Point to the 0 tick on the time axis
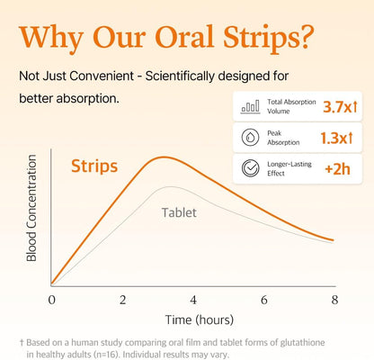[x=52, y=299]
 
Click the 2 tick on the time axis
[x=123, y=299]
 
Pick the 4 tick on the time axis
[x=193, y=299]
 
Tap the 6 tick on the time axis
[x=263, y=299]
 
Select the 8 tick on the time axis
[x=334, y=299]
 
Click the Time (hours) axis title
[x=192, y=319]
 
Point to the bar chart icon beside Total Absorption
[x=250, y=107]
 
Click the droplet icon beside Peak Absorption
[x=250, y=138]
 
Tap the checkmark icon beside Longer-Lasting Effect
[x=250, y=169]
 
